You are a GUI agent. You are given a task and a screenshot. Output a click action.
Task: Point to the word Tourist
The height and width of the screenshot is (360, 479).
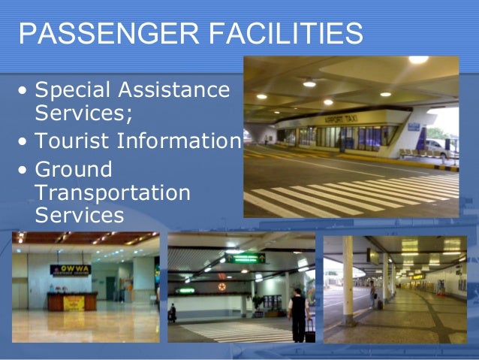pos(75,142)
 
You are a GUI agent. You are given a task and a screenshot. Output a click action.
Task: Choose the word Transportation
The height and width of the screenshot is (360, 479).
pos(113,193)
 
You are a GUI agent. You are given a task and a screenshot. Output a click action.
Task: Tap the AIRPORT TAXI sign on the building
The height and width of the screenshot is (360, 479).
pos(338,119)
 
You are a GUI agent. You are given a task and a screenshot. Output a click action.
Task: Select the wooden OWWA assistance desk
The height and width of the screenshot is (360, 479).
pos(72,301)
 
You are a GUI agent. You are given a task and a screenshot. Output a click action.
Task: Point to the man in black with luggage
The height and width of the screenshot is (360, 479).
pos(298,311)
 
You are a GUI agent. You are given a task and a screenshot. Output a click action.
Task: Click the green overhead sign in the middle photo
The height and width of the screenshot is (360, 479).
pos(247,258)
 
